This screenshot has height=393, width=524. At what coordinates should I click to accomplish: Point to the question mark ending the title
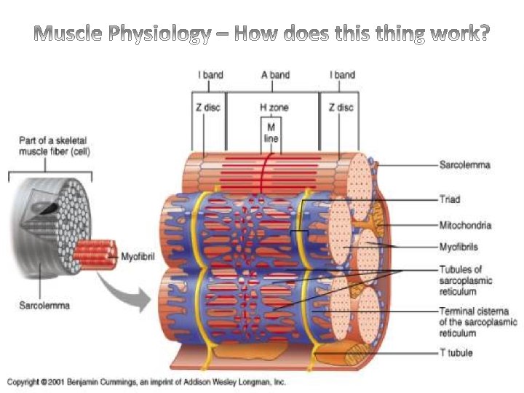click(x=484, y=34)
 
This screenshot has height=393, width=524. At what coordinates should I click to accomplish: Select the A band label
click(x=274, y=75)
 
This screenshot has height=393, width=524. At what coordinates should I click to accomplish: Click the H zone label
click(x=274, y=107)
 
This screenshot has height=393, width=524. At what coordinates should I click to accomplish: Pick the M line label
click(x=271, y=132)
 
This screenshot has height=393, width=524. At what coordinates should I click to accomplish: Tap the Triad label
click(x=450, y=198)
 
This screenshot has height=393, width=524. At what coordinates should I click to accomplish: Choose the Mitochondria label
click(x=465, y=225)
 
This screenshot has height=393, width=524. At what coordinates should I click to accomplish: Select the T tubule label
click(x=456, y=353)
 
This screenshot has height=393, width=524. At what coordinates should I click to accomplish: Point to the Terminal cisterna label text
click(x=477, y=322)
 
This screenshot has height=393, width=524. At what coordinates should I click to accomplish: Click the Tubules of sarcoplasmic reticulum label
click(x=466, y=280)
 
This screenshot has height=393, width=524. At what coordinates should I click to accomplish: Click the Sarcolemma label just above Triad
click(x=464, y=165)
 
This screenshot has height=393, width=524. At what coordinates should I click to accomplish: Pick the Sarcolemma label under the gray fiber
click(x=44, y=306)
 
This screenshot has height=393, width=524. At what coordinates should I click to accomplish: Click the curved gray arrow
click(x=128, y=290)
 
